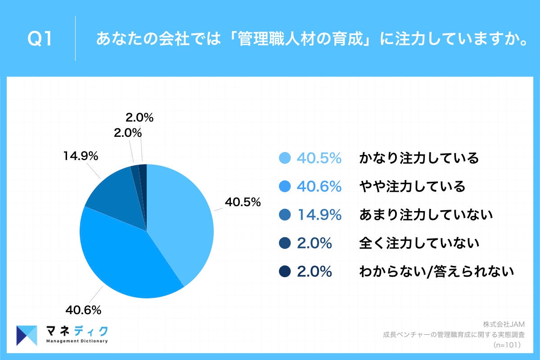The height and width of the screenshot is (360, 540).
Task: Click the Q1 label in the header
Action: [40, 39]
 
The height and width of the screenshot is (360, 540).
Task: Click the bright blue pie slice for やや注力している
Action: [126, 261]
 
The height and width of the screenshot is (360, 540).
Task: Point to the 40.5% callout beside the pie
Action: [243, 202]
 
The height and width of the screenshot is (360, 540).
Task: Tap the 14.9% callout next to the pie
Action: [81, 156]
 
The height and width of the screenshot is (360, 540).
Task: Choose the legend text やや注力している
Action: [412, 186]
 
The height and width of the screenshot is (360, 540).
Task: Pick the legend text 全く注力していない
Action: [419, 243]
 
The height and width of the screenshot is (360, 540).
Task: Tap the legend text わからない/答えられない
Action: [436, 271]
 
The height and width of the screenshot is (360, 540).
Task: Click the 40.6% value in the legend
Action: [319, 186]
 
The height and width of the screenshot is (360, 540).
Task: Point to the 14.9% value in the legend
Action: [319, 215]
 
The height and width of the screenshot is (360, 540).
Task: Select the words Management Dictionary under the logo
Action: [77, 341]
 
